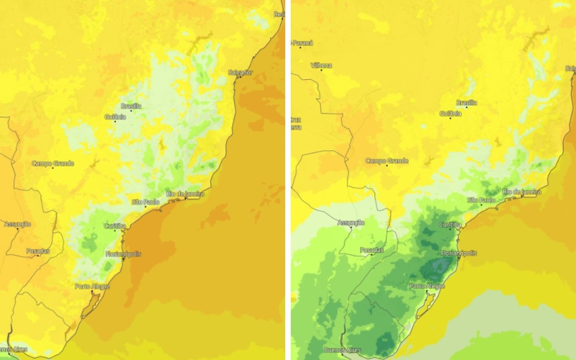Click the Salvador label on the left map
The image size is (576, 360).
240,72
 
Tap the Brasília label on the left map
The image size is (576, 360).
131,105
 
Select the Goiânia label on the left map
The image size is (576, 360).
115,116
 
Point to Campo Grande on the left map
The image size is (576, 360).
53,163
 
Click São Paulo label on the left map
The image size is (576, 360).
145,202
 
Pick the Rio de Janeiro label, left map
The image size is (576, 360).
185,194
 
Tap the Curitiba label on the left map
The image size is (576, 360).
115,226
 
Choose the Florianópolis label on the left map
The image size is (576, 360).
122,253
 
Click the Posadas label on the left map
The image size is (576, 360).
38,251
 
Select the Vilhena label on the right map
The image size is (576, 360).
321,66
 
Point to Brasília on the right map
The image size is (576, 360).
467,102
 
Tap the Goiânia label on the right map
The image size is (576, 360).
450,113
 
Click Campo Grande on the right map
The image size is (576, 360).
387,161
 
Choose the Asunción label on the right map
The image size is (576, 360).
351,222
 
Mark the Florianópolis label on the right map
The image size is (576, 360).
458,253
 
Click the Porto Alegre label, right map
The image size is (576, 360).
428,286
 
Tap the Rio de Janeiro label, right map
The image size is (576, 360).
522,192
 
